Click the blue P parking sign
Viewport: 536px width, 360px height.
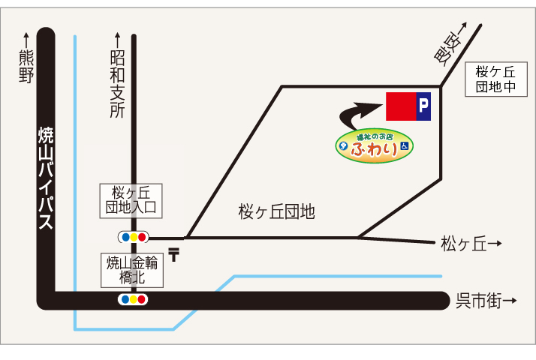click(423, 107)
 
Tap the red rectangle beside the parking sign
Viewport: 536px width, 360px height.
click(399, 107)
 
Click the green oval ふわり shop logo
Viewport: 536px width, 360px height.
click(373, 145)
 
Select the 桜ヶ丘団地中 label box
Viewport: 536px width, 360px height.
click(495, 79)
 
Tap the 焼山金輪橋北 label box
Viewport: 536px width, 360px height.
click(132, 270)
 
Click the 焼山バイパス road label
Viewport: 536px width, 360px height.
click(45, 177)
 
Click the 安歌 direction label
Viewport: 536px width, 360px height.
click(450, 44)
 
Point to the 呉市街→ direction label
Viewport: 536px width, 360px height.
click(486, 301)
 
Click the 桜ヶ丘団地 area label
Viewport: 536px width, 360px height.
click(276, 212)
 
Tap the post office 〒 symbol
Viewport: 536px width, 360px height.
click(174, 255)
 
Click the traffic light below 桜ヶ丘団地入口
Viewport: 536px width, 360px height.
click(133, 237)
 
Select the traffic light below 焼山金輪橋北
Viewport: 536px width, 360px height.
click(133, 299)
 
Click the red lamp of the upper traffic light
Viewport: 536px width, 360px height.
click(143, 237)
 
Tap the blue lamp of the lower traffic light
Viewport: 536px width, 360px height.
click(124, 299)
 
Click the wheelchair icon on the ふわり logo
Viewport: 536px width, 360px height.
click(404, 148)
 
